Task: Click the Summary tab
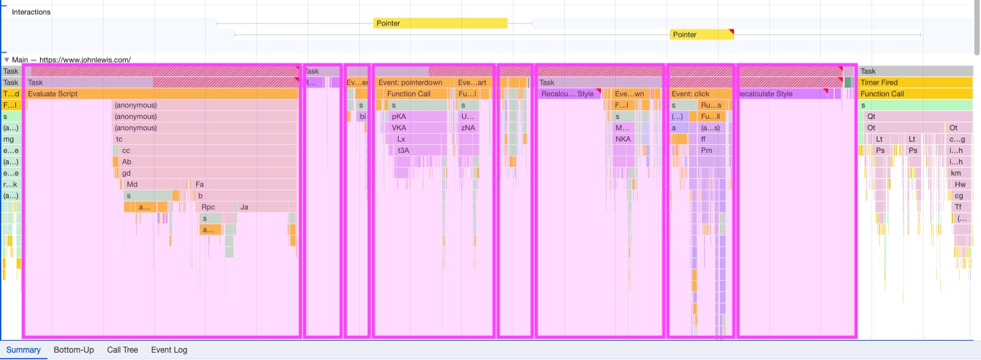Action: [23, 350]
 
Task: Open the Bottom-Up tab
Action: [73, 350]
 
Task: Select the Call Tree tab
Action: [122, 350]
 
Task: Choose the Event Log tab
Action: [169, 350]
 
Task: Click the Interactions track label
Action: [31, 12]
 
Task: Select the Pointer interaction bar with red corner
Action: [701, 35]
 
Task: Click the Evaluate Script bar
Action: [160, 94]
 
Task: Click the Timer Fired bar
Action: [915, 83]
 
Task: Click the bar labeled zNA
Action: [468, 128]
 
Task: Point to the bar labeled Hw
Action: [960, 184]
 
